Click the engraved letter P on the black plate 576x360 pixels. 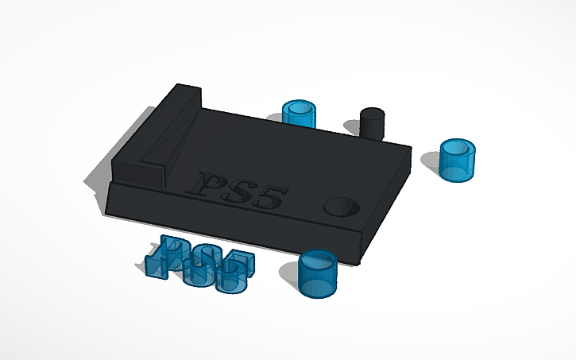point(211,184)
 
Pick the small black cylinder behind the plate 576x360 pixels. point(372,123)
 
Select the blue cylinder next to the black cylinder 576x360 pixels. point(300,115)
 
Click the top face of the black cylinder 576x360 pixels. point(372,113)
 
